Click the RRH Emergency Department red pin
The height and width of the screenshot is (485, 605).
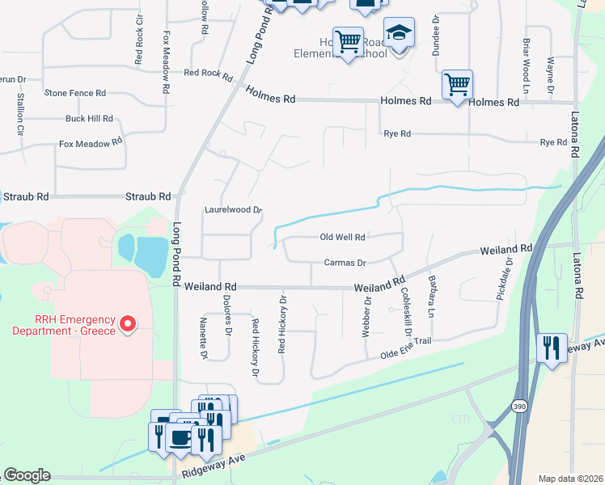click(x=127, y=324)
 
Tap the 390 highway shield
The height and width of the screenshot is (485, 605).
click(x=520, y=407)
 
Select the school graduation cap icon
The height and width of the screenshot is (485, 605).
click(x=398, y=34)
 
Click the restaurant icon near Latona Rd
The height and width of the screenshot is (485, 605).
click(x=552, y=348)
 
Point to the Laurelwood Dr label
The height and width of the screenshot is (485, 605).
click(x=233, y=209)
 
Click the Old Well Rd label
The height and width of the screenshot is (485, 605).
click(x=343, y=238)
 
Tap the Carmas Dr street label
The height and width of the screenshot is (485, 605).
click(x=345, y=263)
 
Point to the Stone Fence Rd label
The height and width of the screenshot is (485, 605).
click(x=75, y=93)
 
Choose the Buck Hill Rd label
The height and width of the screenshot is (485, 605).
click(x=89, y=118)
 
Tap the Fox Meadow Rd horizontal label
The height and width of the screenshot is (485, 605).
click(x=90, y=143)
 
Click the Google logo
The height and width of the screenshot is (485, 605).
click(x=27, y=475)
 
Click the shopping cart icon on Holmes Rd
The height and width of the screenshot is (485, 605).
click(x=457, y=83)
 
